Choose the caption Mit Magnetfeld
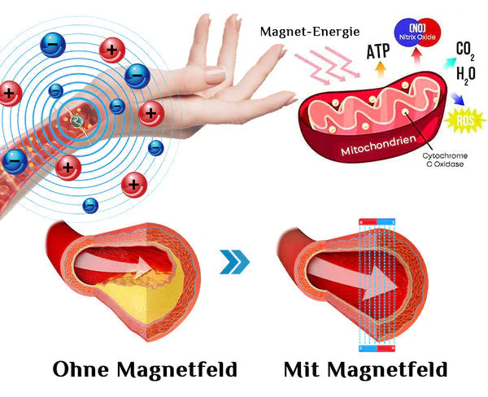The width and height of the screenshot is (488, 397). (365, 369)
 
